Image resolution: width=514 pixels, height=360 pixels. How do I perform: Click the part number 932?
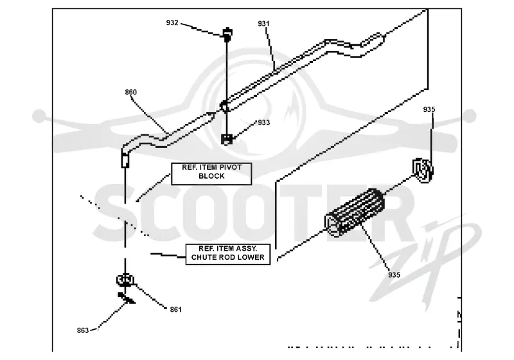[172, 22]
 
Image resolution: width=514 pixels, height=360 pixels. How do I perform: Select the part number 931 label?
[263, 24]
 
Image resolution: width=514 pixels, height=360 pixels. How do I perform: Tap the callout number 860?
[131, 92]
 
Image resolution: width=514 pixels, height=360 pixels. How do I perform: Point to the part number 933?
[264, 123]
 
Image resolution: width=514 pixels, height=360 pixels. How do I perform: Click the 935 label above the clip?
[429, 109]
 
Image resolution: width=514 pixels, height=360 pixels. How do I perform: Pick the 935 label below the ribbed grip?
[394, 274]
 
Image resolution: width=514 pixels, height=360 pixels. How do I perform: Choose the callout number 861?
[175, 309]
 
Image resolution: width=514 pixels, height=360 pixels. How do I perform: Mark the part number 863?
[83, 330]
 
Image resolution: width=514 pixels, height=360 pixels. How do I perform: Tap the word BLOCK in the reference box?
[211, 176]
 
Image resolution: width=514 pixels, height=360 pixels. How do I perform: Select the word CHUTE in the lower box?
[202, 257]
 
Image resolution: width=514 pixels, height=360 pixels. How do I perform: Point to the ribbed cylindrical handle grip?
[355, 212]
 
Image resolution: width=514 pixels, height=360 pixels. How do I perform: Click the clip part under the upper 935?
[423, 170]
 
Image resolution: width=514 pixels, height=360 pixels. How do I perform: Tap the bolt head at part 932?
[227, 35]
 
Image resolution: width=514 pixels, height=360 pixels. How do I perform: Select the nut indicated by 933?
[227, 139]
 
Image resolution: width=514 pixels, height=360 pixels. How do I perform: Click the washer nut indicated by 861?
[125, 280]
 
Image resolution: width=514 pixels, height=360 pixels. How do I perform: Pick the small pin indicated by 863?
[126, 298]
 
